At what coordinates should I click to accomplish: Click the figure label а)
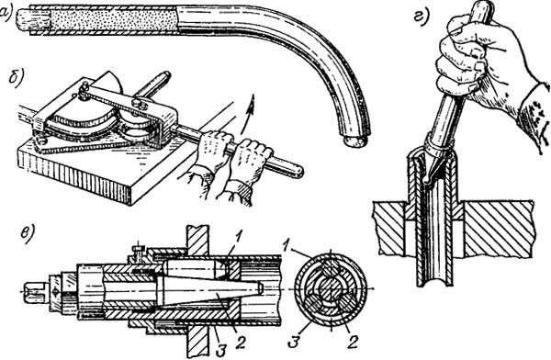click(6, 13)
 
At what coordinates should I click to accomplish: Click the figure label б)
click(16, 80)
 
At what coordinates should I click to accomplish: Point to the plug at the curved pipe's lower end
click(354, 141)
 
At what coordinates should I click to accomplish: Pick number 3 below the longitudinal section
click(220, 350)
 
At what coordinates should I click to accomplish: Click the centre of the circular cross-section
click(331, 289)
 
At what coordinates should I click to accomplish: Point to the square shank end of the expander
click(34, 292)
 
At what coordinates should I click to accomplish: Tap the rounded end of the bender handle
click(296, 172)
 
